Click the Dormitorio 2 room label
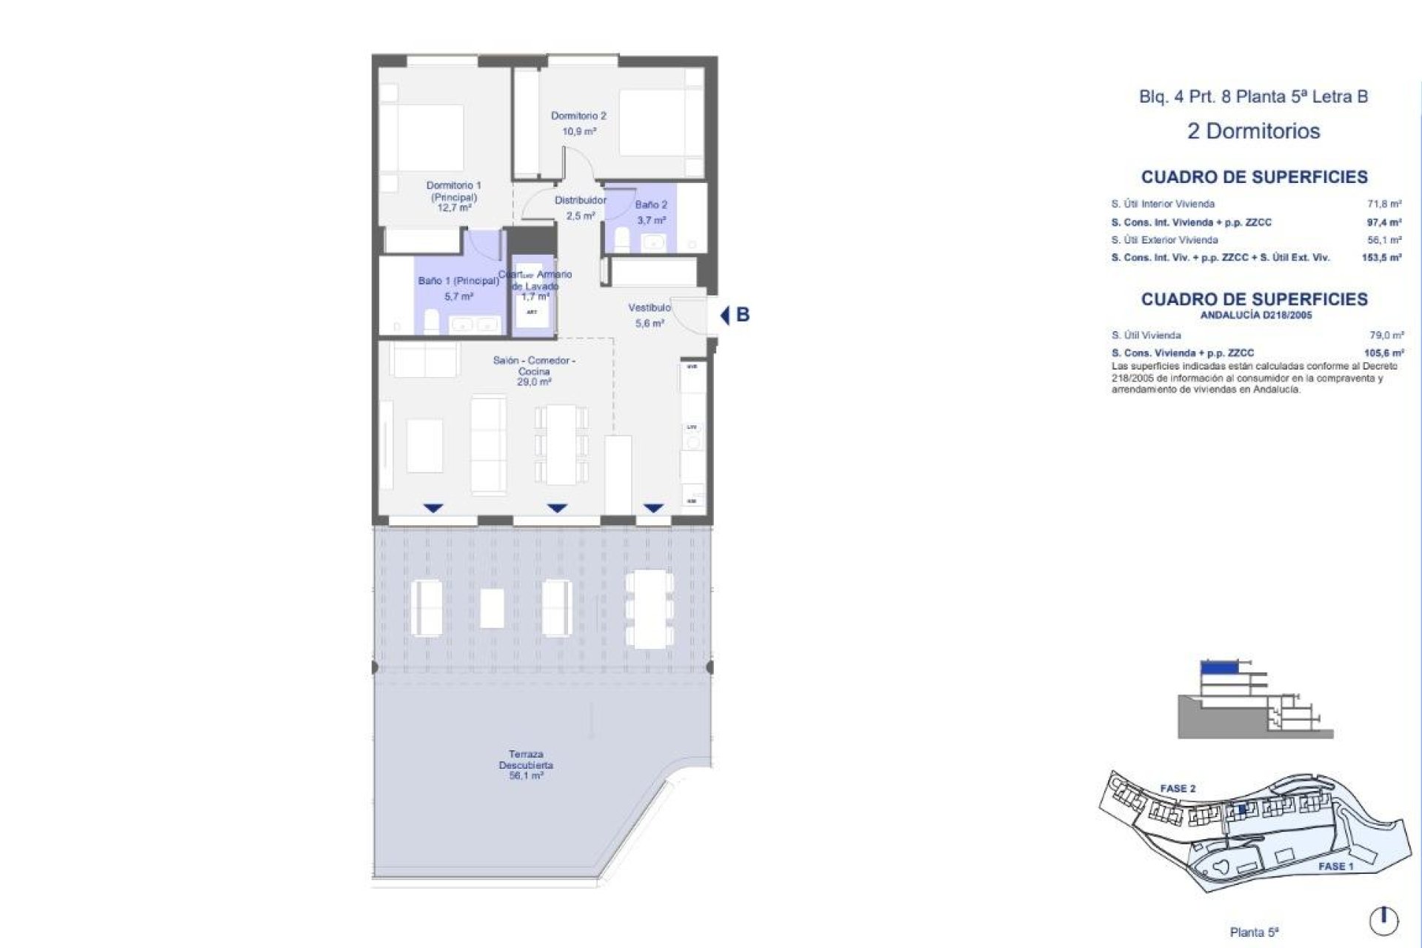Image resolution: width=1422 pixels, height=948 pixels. coord(578,116)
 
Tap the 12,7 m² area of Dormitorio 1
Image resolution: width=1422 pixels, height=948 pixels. coord(453,208)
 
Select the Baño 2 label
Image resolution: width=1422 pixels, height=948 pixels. coord(651,205)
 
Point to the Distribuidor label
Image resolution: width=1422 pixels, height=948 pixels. coord(581,201)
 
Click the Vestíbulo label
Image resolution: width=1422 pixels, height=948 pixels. coord(650,307)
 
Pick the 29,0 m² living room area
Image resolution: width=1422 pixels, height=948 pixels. coord(534,382)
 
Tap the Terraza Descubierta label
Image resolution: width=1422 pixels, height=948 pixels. coord(526,759)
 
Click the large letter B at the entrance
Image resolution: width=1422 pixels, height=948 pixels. coord(743,315)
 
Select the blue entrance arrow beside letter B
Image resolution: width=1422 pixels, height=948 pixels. coord(725,315)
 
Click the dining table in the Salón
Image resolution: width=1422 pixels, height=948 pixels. coord(562,444)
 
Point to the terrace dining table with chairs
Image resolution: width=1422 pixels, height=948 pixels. coord(649,608)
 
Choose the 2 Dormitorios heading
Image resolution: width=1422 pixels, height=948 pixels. coord(1253,131)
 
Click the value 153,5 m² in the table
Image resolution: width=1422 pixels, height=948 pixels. coord(1381,258)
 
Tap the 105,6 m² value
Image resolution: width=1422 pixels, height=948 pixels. coord(1383,353)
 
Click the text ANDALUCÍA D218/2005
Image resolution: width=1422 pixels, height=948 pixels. coord(1255,316)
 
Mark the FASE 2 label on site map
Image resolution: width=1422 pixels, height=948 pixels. coord(1178,789)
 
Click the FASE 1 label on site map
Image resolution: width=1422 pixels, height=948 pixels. coord(1335,866)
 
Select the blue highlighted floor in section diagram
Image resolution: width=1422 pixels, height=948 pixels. coord(1219,667)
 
